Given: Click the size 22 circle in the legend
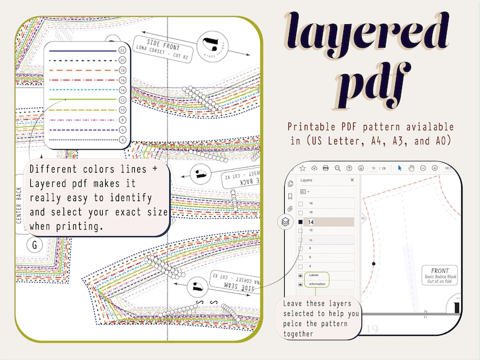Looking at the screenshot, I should (123, 50).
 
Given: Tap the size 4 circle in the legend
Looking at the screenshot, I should (123, 140).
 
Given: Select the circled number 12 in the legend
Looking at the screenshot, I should (123, 100).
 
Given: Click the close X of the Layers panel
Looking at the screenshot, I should (352, 180).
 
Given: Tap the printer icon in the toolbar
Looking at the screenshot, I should (326, 167).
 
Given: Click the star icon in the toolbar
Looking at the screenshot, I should (302, 167).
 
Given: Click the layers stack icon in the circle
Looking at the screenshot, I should (285, 222).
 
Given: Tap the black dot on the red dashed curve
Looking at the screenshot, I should (374, 264).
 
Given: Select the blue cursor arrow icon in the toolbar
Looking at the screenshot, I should (400, 167).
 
